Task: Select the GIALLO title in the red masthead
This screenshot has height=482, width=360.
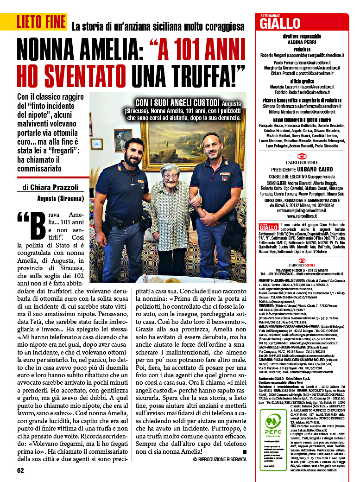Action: click(280, 24)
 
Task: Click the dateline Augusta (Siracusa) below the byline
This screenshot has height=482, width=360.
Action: click(60, 199)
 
